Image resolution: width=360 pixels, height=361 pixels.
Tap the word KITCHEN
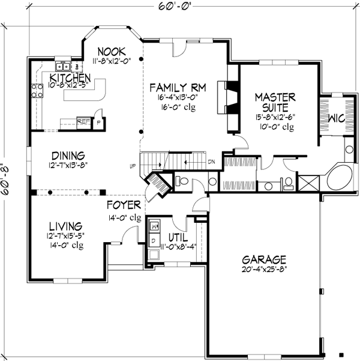(x=70, y=79)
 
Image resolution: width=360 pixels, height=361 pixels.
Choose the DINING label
(x=68, y=154)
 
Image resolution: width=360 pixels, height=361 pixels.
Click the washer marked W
(x=154, y=227)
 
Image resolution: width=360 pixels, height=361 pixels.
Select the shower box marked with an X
(x=308, y=182)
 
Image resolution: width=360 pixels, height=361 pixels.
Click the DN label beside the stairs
(x=211, y=162)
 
